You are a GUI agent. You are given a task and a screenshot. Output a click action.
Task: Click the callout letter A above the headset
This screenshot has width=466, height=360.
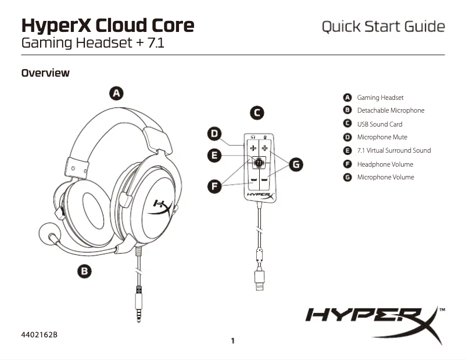[x=116, y=93]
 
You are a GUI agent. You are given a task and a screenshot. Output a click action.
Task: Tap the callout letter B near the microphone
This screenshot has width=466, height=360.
[x=85, y=271]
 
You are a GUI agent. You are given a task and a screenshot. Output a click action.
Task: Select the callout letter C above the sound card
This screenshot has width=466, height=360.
[x=256, y=113]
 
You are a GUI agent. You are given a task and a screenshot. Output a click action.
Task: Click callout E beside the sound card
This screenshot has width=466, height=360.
[x=215, y=155]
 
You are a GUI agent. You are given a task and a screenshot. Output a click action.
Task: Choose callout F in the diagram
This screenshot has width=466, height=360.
[x=215, y=186]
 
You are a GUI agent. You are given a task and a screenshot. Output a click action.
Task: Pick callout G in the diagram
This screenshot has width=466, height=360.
[x=296, y=165]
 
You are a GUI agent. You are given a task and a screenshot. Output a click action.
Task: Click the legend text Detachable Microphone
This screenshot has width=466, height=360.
[x=390, y=110]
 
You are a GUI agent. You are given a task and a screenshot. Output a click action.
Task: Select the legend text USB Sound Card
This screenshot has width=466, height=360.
[x=379, y=124]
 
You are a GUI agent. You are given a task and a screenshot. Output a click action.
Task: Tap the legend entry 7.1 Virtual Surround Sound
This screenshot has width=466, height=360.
[x=393, y=150]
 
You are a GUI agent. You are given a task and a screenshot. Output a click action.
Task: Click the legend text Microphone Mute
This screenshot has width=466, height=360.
[x=382, y=137]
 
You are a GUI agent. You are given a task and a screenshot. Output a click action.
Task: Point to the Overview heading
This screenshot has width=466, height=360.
[x=45, y=73]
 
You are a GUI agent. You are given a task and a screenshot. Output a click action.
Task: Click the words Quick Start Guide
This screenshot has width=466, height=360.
[x=383, y=27]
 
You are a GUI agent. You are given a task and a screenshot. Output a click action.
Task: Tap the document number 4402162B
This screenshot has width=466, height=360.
[x=40, y=335]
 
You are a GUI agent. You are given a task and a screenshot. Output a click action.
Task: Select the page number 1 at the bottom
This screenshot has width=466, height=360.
[x=232, y=341]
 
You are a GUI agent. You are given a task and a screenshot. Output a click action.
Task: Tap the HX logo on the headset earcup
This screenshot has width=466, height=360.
[x=161, y=207]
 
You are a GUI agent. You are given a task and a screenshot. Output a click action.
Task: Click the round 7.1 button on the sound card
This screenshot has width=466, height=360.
[x=259, y=164]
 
